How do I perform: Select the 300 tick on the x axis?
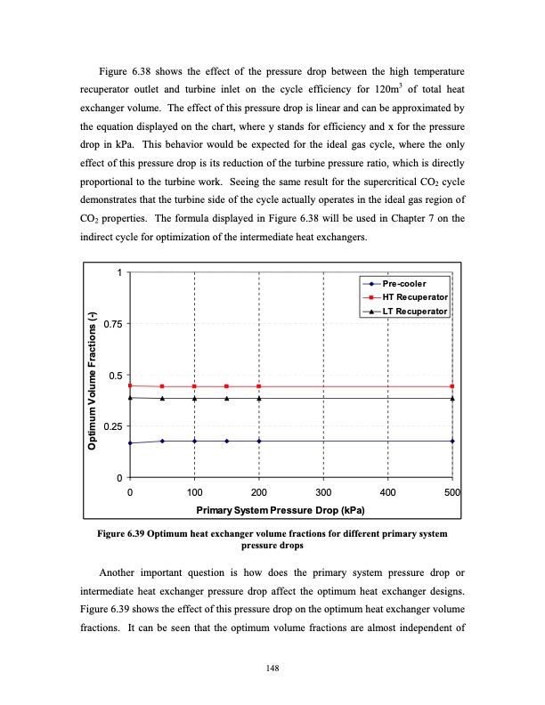coord(323,491)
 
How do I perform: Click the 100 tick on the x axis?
coord(194,491)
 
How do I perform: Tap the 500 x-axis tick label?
coord(451,491)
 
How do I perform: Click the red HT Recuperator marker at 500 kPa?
coord(452,386)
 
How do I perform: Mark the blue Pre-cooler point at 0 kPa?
coord(130,443)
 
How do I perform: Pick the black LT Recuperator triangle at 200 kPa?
coord(259,399)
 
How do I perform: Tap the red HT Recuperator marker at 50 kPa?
coord(162,386)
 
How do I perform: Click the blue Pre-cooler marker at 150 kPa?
coord(227,441)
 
